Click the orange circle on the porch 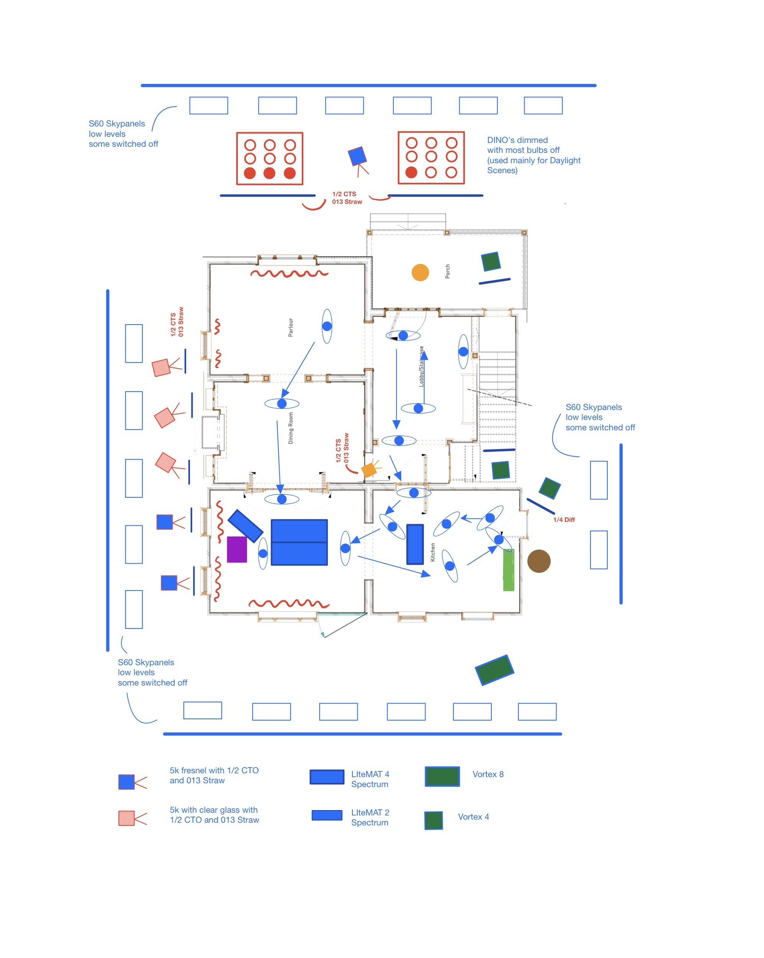(x=420, y=272)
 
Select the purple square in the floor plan (x=237, y=549)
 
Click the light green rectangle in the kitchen (x=508, y=570)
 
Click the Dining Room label (x=291, y=428)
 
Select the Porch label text (x=447, y=271)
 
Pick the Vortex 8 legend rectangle (x=442, y=776)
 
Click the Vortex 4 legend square (x=433, y=820)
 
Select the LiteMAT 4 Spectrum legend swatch (x=327, y=777)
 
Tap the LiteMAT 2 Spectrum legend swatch (x=327, y=815)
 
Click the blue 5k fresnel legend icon (x=127, y=782)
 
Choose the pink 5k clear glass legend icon (x=127, y=818)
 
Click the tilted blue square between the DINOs (x=357, y=156)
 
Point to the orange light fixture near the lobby (x=369, y=470)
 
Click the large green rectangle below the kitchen (x=494, y=669)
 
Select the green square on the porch (x=491, y=261)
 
